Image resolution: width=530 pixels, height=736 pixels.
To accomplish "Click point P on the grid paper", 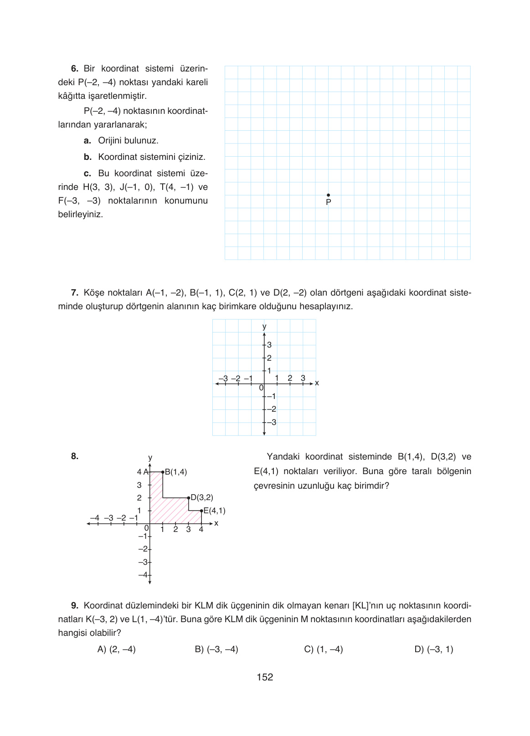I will coord(329,195).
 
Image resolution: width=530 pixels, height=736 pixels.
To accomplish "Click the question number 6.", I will coord(75,69).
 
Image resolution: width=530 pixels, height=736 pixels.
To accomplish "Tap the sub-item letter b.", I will coord(87,157).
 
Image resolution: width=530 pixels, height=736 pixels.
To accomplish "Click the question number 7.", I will coord(75,293).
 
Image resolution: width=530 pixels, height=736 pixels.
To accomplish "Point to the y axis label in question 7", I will coord(264,327).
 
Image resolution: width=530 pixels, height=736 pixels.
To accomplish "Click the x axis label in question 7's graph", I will coord(317,383).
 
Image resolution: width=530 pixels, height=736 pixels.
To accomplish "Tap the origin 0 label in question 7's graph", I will coord(261,388).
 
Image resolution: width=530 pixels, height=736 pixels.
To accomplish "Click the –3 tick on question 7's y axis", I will coord(271,422).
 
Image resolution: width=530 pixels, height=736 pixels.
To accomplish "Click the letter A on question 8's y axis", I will coord(146,472).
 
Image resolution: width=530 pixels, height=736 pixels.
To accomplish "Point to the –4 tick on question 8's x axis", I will coord(94,518).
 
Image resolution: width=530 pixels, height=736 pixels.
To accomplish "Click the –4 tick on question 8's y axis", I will coord(144,575).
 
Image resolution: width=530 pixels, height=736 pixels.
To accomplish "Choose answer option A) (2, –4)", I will coord(117,649).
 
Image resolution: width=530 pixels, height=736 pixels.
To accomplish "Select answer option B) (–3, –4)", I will coord(216,649).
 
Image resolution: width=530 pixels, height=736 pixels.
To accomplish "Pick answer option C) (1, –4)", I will coord(324,649).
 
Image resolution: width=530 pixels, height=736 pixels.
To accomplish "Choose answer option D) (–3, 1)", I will coord(434,649).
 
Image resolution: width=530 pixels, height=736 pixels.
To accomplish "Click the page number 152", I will coord(265,677).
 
